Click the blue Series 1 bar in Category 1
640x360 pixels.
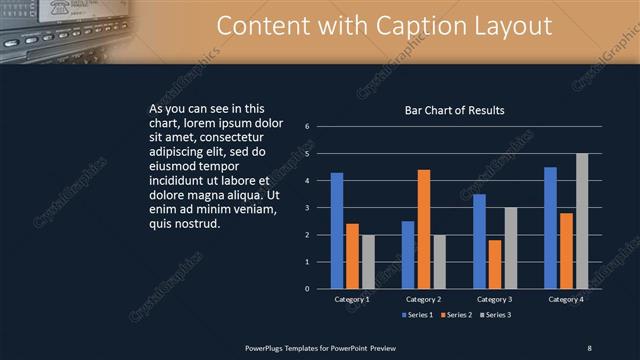(x=337, y=231)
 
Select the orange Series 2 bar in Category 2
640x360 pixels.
(x=424, y=229)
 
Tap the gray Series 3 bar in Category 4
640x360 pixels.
(x=582, y=221)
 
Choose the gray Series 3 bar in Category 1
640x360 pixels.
(x=367, y=262)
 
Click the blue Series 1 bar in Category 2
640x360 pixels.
(x=408, y=255)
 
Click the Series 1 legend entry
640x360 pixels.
(x=418, y=315)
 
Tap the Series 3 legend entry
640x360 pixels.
(x=496, y=315)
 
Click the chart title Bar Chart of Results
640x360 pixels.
(x=454, y=111)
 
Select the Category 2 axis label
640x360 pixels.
(x=423, y=299)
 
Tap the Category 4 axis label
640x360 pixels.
(x=566, y=299)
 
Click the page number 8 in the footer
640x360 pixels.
(x=589, y=346)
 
